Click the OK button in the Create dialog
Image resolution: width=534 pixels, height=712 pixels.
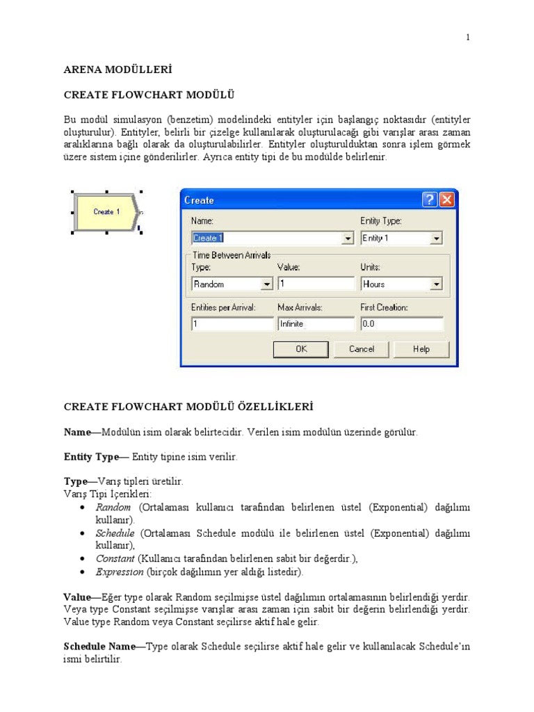301,349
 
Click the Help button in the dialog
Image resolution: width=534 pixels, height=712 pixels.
421,349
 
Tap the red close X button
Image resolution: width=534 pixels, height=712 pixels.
446,200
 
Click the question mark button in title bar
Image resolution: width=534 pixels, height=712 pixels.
430,200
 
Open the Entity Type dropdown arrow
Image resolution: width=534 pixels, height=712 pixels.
436,238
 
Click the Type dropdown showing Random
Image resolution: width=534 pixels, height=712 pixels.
232,284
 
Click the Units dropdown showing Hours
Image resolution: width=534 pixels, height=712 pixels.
401,284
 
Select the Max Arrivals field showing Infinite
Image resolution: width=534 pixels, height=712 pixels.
316,324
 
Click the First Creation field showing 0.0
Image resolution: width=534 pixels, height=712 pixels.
401,324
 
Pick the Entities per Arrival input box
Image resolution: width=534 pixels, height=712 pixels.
232,324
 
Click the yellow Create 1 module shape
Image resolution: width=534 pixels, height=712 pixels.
106,211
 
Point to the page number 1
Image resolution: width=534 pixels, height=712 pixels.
468,38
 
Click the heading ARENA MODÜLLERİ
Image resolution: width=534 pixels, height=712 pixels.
118,70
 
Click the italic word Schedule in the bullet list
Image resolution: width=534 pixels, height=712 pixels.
115,533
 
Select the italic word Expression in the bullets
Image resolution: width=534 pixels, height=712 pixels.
120,572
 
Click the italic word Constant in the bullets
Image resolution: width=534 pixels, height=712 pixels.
115,558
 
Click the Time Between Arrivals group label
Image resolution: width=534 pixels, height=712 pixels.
232,255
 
